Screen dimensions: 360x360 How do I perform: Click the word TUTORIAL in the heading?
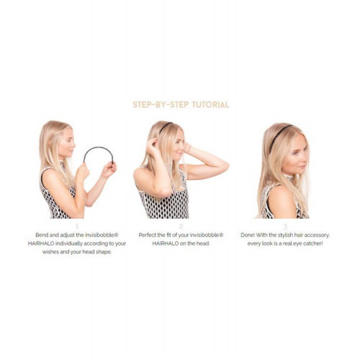(x=210, y=104)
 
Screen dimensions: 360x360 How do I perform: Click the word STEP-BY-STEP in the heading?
(x=161, y=104)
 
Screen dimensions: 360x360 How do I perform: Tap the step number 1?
(x=77, y=226)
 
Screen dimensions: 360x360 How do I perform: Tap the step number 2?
(x=181, y=226)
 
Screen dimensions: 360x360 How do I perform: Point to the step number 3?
(x=285, y=227)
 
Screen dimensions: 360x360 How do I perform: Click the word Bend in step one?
(x=42, y=235)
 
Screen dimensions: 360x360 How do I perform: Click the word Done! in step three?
(x=248, y=235)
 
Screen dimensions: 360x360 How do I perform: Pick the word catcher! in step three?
(x=313, y=243)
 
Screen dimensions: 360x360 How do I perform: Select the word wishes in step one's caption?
(x=50, y=252)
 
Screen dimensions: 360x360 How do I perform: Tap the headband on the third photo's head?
(x=279, y=137)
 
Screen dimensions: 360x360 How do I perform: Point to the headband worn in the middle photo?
(x=165, y=127)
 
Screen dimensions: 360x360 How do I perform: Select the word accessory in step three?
(x=318, y=235)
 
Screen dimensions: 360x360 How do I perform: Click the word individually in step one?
(x=69, y=243)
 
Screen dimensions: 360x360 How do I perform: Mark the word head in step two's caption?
(x=203, y=243)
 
